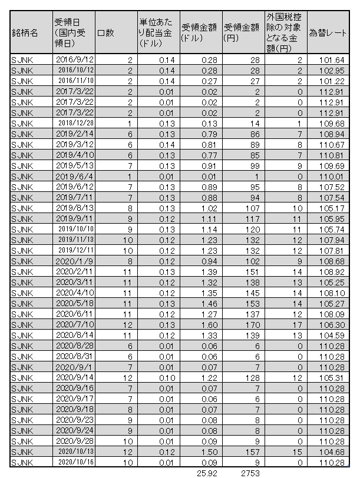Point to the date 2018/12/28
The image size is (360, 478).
[x=74, y=122]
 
